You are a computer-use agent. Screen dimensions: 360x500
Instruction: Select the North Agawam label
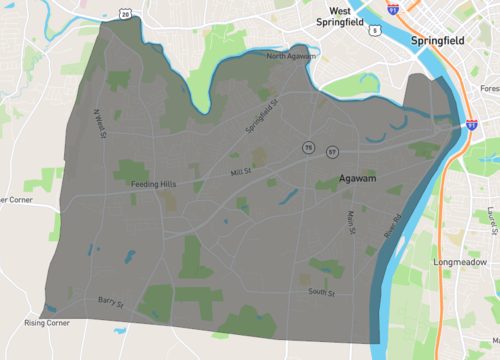pyautogui.click(x=291, y=57)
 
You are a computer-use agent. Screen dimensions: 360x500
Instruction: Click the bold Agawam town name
pyautogui.click(x=343, y=183)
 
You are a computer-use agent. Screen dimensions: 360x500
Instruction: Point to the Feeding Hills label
pyautogui.click(x=153, y=184)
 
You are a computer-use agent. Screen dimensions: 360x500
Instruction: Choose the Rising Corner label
pyautogui.click(x=49, y=323)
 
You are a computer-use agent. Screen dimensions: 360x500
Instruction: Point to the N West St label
pyautogui.click(x=101, y=126)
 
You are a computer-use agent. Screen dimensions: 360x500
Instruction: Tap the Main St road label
pyautogui.click(x=350, y=222)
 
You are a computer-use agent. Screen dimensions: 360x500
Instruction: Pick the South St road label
pyautogui.click(x=322, y=292)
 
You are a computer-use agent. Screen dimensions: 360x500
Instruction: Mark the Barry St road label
pyautogui.click(x=110, y=301)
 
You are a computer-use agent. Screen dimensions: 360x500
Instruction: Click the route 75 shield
pyautogui.click(x=309, y=149)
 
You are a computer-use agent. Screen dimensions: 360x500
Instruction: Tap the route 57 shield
pyautogui.click(x=331, y=151)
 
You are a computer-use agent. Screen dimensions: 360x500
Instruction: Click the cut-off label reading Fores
pyautogui.click(x=487, y=88)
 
